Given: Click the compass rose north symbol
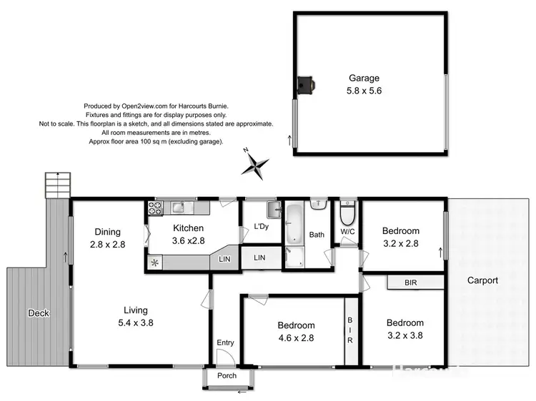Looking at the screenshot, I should click(255, 165).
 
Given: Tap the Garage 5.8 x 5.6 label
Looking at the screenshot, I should click(364, 84).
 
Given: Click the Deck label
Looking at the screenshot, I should click(37, 313).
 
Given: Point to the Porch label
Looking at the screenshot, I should click(227, 376).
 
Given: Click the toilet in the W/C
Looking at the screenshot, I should click(347, 214).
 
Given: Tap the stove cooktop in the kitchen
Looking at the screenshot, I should click(155, 208).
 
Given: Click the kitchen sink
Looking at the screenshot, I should click(177, 208).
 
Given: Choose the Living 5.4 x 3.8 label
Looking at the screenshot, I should click(135, 316).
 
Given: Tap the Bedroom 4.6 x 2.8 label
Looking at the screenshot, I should click(295, 332).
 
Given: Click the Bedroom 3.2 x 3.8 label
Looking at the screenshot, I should click(407, 329).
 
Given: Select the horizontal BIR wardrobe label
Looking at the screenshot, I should click(411, 283).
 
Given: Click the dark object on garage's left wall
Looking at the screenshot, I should click(307, 86).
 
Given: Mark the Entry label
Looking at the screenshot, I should click(225, 343).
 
